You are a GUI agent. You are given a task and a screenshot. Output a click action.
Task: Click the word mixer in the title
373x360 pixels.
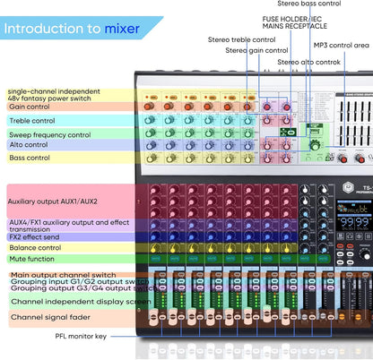[123, 28]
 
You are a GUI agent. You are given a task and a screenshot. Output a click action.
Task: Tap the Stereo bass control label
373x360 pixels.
[309, 4]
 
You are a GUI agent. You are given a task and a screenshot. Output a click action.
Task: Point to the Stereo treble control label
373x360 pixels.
[241, 39]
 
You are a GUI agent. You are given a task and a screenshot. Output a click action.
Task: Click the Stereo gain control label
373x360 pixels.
[256, 50]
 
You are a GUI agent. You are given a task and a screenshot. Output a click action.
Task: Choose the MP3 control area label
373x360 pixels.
[341, 45]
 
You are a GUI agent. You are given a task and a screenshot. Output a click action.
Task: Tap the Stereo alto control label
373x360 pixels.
[308, 62]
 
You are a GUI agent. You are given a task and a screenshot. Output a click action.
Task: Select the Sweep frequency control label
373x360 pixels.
[49, 134]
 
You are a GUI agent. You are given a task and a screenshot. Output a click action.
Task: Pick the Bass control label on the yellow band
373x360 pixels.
[30, 158]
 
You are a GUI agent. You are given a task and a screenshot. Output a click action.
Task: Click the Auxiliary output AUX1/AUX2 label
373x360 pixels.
[52, 201]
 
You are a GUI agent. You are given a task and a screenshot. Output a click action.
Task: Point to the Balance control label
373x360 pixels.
[35, 247]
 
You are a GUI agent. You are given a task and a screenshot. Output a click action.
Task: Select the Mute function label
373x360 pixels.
[33, 260]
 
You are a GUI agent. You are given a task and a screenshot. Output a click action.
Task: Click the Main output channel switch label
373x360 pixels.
[64, 274]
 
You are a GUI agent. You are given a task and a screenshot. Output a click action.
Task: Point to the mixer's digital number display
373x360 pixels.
[356, 221]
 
